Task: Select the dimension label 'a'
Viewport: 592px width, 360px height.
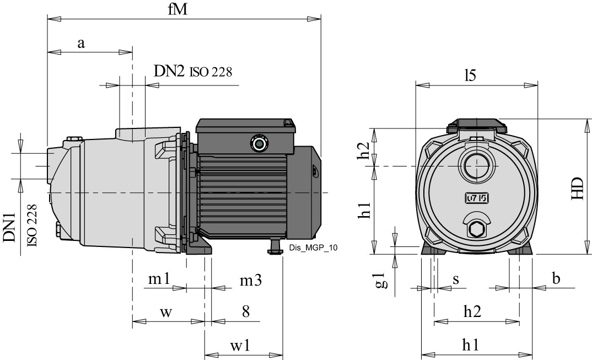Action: click(81, 44)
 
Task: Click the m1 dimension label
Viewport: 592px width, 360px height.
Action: click(159, 280)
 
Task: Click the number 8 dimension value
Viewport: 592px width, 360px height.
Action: click(245, 311)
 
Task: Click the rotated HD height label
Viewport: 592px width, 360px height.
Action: click(577, 189)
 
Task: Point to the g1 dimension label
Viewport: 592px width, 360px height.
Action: click(379, 281)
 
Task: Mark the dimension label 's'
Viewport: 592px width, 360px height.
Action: click(456, 280)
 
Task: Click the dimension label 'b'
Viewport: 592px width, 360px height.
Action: click(556, 279)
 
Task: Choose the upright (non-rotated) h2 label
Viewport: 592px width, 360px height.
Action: click(470, 312)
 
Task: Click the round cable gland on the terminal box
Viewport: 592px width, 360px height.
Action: click(257, 143)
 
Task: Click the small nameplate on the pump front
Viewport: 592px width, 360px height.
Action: click(476, 198)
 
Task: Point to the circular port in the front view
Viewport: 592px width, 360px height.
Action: click(475, 165)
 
